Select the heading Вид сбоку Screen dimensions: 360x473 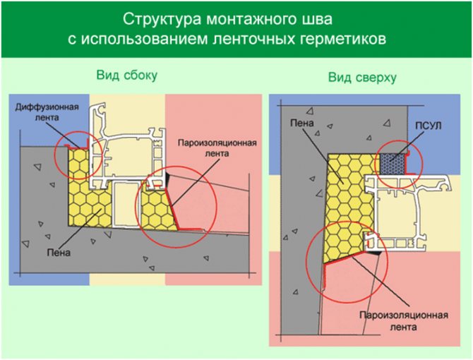tap(127, 75)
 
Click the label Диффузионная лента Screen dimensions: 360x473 tap(42, 109)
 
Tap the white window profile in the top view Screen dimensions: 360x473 tap(395, 212)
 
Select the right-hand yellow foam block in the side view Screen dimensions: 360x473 tap(154, 208)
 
